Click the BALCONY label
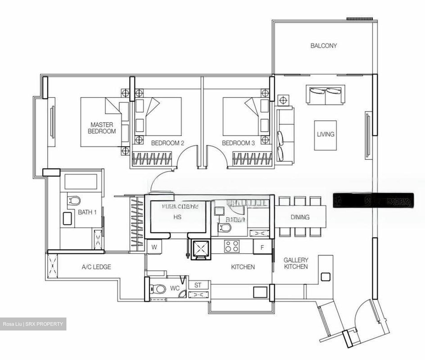pos(323,46)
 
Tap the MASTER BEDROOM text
pos(102,128)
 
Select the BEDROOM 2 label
pos(167,143)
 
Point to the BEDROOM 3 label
pos(238,143)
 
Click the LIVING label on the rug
pos(326,134)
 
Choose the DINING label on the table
pos(300,217)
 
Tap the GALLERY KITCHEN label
pos(296,263)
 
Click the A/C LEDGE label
pos(96,267)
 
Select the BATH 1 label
pos(87,212)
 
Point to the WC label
pos(175,288)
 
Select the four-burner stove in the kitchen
pos(232,246)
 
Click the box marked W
pos(154,247)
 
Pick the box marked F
pos(262,247)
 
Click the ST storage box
pos(198,285)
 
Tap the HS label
pos(177,217)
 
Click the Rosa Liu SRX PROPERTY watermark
pos(33,324)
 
